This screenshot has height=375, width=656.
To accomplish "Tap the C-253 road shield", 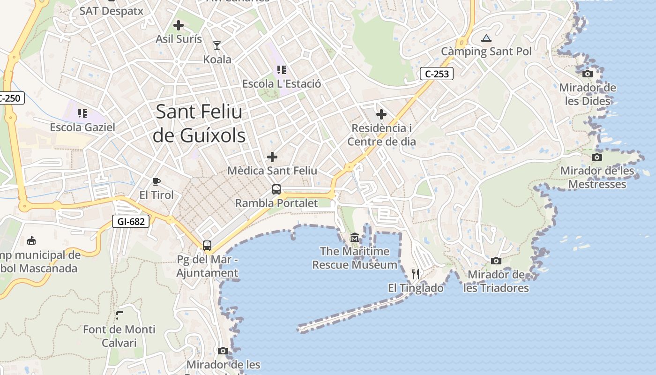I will pos(436,74).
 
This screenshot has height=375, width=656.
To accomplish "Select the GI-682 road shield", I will pos(131,221).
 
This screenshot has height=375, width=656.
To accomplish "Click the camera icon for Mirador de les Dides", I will pos(587,74).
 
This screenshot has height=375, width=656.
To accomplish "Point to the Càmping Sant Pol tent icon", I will pos(486,38).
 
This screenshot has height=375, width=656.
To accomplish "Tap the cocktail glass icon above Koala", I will pos(217,45).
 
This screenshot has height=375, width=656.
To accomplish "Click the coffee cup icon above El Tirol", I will pos(157,181).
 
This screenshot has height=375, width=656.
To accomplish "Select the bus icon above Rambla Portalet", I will pos(276,189).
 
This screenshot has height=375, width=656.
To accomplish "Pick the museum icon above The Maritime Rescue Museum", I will pos(355,238).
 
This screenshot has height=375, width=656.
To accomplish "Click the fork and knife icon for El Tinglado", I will pos(416,274).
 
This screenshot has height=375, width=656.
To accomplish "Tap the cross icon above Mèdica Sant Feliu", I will pos(272,157).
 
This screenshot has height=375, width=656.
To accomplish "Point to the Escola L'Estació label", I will pos(282,84).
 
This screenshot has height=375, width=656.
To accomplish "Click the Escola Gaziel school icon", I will pos(82,113).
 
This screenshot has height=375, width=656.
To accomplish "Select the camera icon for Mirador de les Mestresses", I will pos(597,157).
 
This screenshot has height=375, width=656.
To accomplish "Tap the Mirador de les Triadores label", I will pos(496,281).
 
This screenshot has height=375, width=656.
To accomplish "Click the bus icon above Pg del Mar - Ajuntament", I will pos(207,245).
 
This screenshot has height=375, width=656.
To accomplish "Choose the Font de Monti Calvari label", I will pos(119,336).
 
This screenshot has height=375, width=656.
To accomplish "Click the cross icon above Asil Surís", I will pos(179,25).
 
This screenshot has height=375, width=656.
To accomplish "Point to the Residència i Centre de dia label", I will pos(381,135).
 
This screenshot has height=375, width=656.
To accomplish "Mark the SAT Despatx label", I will pos(112,10).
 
